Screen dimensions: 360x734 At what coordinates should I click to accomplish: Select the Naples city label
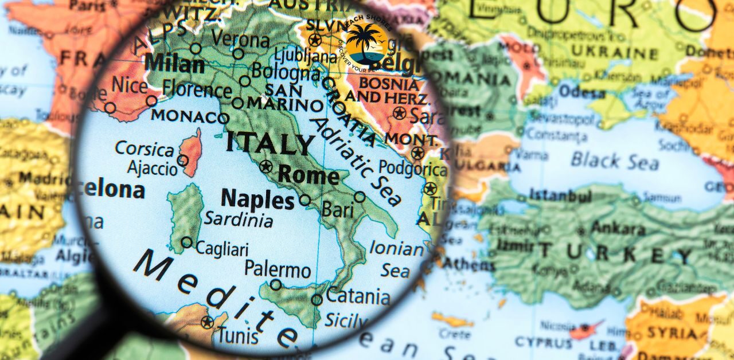(257, 199)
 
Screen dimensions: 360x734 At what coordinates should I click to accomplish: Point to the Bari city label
(337, 209)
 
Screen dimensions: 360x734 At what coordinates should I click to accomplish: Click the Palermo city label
(278, 269)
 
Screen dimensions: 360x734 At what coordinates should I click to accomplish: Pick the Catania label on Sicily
(358, 297)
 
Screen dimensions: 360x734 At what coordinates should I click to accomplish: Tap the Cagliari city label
(222, 249)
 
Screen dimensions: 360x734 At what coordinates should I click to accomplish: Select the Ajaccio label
(153, 169)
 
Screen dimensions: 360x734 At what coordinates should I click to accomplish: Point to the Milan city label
(174, 63)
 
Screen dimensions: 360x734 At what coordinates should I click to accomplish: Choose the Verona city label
(240, 40)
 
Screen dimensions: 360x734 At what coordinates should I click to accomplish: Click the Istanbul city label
(560, 196)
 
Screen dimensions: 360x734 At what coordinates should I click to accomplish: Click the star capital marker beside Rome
(265, 167)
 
